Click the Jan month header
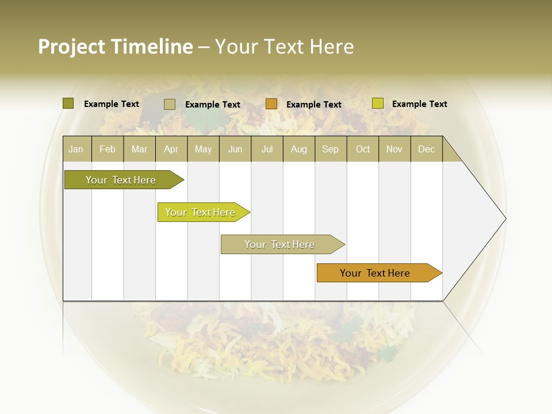(x=76, y=149)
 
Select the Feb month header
(x=108, y=149)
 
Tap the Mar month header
(x=139, y=149)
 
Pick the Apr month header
(x=171, y=149)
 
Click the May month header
(x=203, y=149)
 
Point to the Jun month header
(x=235, y=149)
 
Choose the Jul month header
(x=267, y=149)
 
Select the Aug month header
(x=299, y=149)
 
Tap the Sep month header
(x=331, y=149)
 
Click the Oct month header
(x=363, y=149)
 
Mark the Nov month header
(x=394, y=149)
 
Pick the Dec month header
(x=427, y=149)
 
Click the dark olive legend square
(x=68, y=103)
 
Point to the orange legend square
(x=271, y=104)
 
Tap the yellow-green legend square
(x=377, y=103)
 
